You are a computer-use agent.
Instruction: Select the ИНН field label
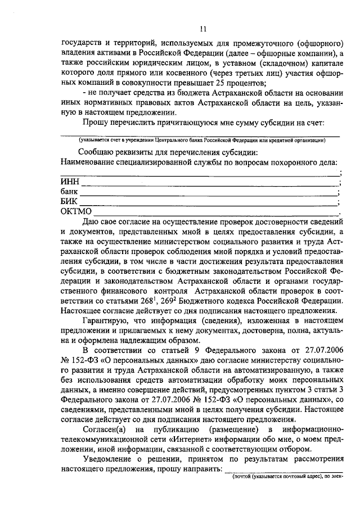click(x=69, y=182)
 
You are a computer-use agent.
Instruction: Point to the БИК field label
click(x=69, y=201)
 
